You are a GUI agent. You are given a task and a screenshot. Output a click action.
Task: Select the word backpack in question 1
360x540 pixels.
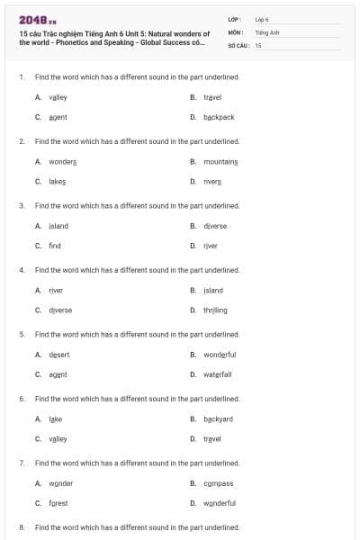pos(219,117)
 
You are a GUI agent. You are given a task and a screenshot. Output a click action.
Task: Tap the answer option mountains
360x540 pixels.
pos(220,161)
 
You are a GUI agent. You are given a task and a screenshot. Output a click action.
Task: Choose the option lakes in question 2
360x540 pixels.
pos(58,181)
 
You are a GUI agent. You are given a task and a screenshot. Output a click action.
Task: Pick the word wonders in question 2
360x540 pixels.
pos(62,161)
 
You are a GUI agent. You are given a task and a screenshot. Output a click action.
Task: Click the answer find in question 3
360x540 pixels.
pos(55,246)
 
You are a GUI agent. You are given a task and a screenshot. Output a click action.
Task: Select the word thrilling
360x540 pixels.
pos(215,310)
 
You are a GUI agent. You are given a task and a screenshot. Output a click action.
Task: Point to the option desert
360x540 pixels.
pos(58,355)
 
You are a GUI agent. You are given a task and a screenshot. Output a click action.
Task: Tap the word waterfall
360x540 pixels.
pos(218,374)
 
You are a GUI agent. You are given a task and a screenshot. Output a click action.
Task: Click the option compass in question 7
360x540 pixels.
pos(218,483)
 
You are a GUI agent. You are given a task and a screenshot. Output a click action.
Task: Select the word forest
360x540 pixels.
pos(58,503)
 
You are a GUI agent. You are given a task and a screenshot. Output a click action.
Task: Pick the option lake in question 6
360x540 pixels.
pos(56,419)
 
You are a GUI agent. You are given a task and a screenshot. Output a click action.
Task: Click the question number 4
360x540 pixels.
pos(22,270)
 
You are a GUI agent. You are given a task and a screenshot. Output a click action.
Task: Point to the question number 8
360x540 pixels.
pos(22,526)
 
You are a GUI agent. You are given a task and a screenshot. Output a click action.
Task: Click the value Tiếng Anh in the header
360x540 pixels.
pos(268,31)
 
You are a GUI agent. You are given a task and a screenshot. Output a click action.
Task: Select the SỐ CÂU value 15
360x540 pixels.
pos(258,44)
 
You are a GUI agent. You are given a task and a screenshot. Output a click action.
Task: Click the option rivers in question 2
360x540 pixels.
pos(212,181)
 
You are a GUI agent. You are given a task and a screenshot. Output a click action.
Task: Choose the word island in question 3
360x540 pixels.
pos(58,226)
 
